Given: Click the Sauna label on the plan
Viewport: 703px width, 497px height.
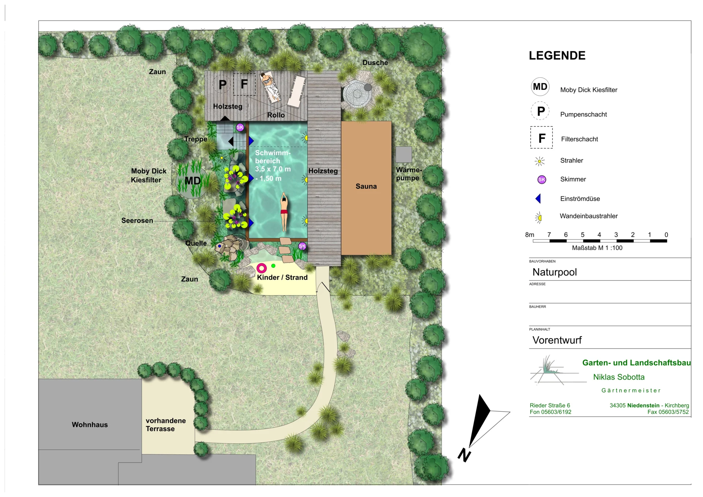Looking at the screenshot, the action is pos(366,186).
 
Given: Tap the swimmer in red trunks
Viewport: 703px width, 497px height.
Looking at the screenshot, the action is pos(284,212).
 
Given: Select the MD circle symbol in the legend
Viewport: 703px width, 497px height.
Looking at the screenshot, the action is pos(540,87).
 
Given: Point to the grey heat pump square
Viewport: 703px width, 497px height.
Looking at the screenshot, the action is pos(404,154).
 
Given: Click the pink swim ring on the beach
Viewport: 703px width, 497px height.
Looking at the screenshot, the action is pos(261,268).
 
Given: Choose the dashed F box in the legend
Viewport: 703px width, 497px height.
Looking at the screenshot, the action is pos(542,137).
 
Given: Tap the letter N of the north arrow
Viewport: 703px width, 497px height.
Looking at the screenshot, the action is pos(464,455).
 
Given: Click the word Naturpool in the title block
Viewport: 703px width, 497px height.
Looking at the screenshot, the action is pos(554,272).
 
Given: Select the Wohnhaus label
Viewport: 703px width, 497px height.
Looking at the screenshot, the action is pos(90,424).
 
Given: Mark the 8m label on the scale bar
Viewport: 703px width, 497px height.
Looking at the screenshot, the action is pos(529,235).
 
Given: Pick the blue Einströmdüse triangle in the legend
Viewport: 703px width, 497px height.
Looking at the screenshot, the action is pos(538,199).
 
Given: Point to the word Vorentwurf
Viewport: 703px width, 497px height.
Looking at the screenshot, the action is pos(557,340).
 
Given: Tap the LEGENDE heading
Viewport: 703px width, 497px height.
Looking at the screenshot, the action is pos(557,56).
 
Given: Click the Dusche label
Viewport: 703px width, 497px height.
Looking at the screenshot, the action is pos(375,63).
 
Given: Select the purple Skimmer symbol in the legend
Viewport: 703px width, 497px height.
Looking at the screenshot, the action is pos(542,179).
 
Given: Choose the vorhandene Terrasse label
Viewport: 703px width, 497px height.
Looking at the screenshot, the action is pos(165,424).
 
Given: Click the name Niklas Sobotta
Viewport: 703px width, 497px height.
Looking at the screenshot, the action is pos(619,377).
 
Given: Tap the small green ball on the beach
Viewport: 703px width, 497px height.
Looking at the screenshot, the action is pos(273,266).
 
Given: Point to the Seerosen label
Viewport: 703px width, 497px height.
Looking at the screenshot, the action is pos(137,220).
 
